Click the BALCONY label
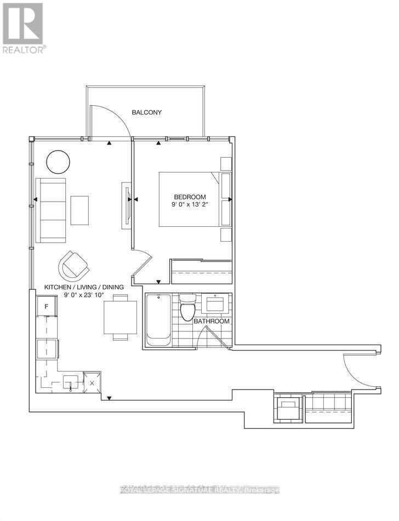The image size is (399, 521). coord(146,112)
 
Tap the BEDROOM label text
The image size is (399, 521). coord(190,197)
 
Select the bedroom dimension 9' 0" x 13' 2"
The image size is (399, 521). coord(190,205)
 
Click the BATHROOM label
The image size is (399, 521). coord(211,321)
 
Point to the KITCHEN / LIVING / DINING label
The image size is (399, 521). coord(84,287)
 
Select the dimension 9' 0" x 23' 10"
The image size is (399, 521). coord(84,295)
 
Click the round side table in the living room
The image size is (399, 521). coord(58,161)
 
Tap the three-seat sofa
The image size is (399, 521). coord(50,210)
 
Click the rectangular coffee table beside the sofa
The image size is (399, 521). coord(79,210)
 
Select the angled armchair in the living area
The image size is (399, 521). coord(73,266)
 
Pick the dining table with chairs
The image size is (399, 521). coord(120,317)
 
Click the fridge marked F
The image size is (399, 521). coord(47,306)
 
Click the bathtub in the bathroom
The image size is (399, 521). coord(158,319)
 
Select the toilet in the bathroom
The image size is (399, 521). coord(187,308)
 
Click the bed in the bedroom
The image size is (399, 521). coord(192,199)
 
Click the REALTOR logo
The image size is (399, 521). coord(23,27)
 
